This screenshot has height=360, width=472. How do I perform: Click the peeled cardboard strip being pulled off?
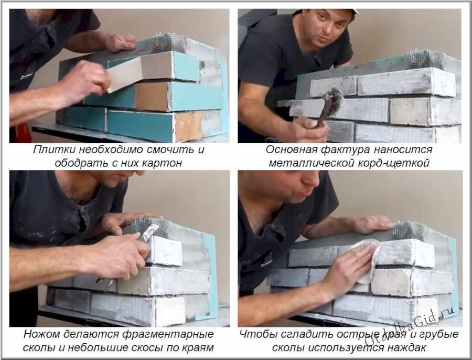pyautogui.click(x=124, y=74)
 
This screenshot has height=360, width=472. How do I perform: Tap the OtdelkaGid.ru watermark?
pyautogui.click(x=410, y=327)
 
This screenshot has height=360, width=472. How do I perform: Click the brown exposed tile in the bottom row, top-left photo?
pyautogui.click(x=188, y=126)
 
